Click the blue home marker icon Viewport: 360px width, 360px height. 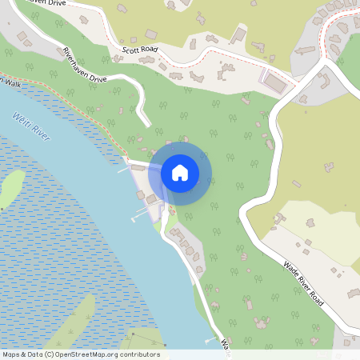[x=180, y=172]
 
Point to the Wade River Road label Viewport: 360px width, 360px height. [x=302, y=280]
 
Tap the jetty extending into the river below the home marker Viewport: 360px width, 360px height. [x=141, y=214]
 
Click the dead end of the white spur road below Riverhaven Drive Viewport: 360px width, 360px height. [x=146, y=122]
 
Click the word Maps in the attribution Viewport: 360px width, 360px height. [x=11, y=354]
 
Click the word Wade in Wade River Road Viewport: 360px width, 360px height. [x=289, y=266]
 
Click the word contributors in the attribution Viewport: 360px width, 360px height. [x=141, y=354]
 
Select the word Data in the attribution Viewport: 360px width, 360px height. [x=36, y=354]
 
